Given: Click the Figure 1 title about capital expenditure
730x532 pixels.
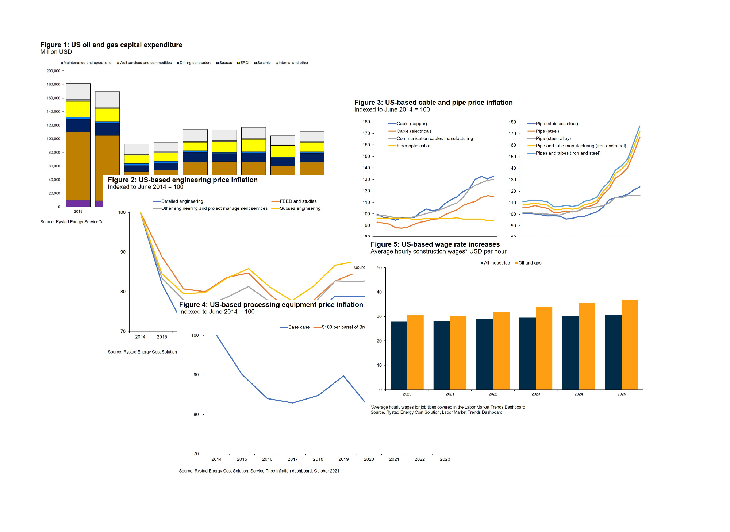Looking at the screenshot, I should coord(111,45).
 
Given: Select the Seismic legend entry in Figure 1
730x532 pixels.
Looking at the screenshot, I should coord(264,63).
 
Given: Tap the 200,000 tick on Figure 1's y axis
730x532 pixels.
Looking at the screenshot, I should coord(53,71).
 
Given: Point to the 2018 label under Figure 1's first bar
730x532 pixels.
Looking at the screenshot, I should coord(78,211).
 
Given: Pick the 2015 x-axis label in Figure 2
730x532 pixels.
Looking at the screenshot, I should coord(162,337).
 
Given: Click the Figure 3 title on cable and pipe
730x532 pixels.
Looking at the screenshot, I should coord(433,103).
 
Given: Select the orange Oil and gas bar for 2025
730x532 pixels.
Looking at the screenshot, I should coord(630,344).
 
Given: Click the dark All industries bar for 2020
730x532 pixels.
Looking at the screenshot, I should coord(399,355).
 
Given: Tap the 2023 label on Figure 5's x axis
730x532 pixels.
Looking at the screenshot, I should coord(535,394).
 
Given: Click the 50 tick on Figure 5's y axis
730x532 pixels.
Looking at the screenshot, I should coord(379,268).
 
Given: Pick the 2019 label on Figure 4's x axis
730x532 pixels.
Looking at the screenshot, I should coord(343,459).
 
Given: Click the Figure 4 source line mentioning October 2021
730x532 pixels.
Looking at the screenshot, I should coord(259,471).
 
